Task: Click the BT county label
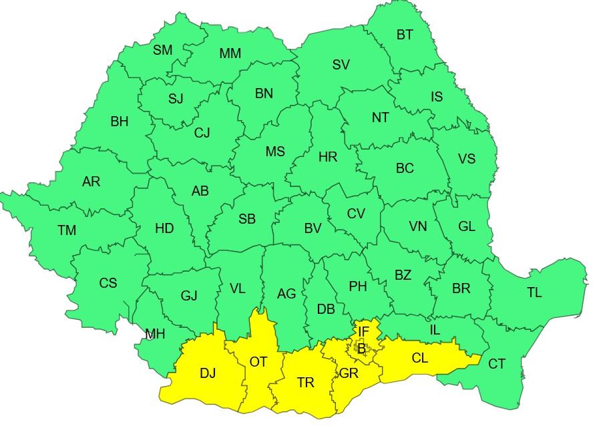point(405,35)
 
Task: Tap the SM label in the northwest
point(162,50)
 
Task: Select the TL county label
point(534,292)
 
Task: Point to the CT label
point(497,364)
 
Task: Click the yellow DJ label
point(208,373)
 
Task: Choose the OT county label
point(258,362)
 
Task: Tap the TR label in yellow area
point(306,383)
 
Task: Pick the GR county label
point(349,373)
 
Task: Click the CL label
point(419,358)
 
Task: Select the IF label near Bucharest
point(363,331)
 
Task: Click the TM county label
point(67,230)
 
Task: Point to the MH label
point(155,334)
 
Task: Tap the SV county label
point(341,65)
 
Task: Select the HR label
point(328,158)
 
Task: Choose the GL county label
point(467,226)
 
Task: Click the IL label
point(435,329)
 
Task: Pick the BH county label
point(120,122)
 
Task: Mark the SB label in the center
point(247,219)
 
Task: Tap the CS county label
point(108,283)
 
